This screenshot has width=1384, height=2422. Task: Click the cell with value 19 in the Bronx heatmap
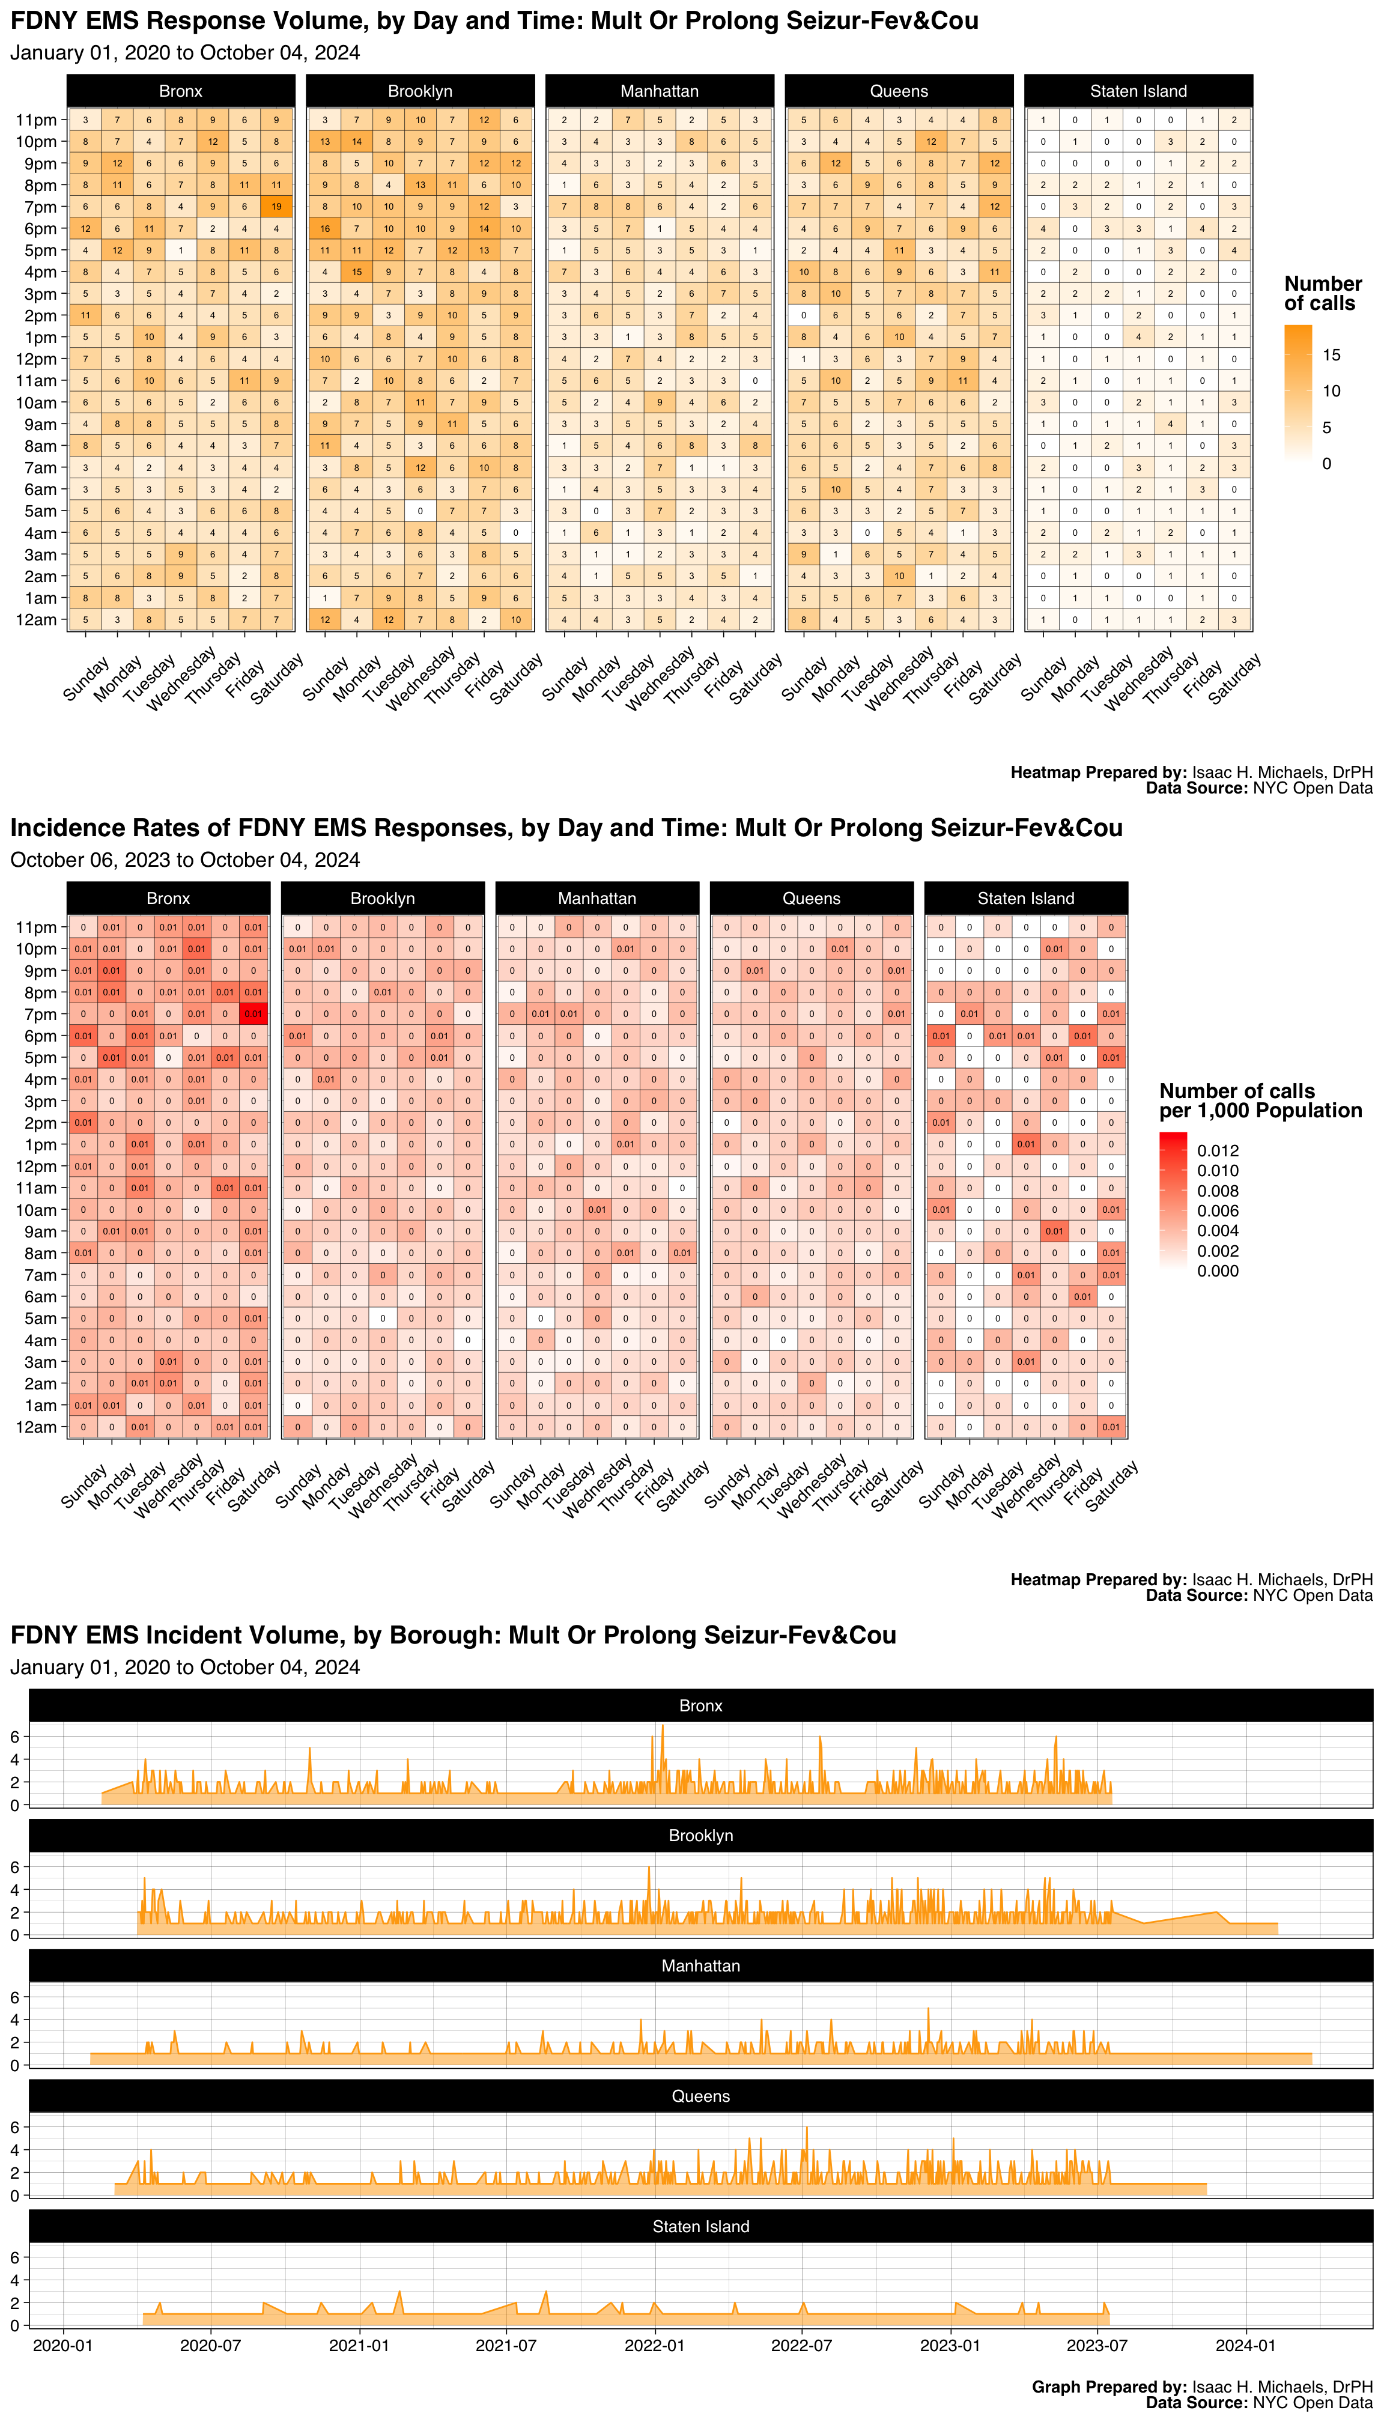pyautogui.click(x=276, y=206)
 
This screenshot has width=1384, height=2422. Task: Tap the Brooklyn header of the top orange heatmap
pyautogui.click(x=420, y=91)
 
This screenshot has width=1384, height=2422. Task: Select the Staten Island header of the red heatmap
pyautogui.click(x=1025, y=898)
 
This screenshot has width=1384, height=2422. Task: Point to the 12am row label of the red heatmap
pyautogui.click(x=36, y=1427)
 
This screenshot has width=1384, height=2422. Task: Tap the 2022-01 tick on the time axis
pyautogui.click(x=654, y=2345)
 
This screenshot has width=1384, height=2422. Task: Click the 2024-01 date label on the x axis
pyautogui.click(x=1245, y=2345)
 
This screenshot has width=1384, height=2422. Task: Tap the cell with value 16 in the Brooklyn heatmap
pyautogui.click(x=325, y=228)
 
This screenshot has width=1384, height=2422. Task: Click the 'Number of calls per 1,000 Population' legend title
pyautogui.click(x=1260, y=1100)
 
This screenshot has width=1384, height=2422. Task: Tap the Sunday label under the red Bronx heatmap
pyautogui.click(x=83, y=1485)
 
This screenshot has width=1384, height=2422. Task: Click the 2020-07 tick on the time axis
pyautogui.click(x=210, y=2345)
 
